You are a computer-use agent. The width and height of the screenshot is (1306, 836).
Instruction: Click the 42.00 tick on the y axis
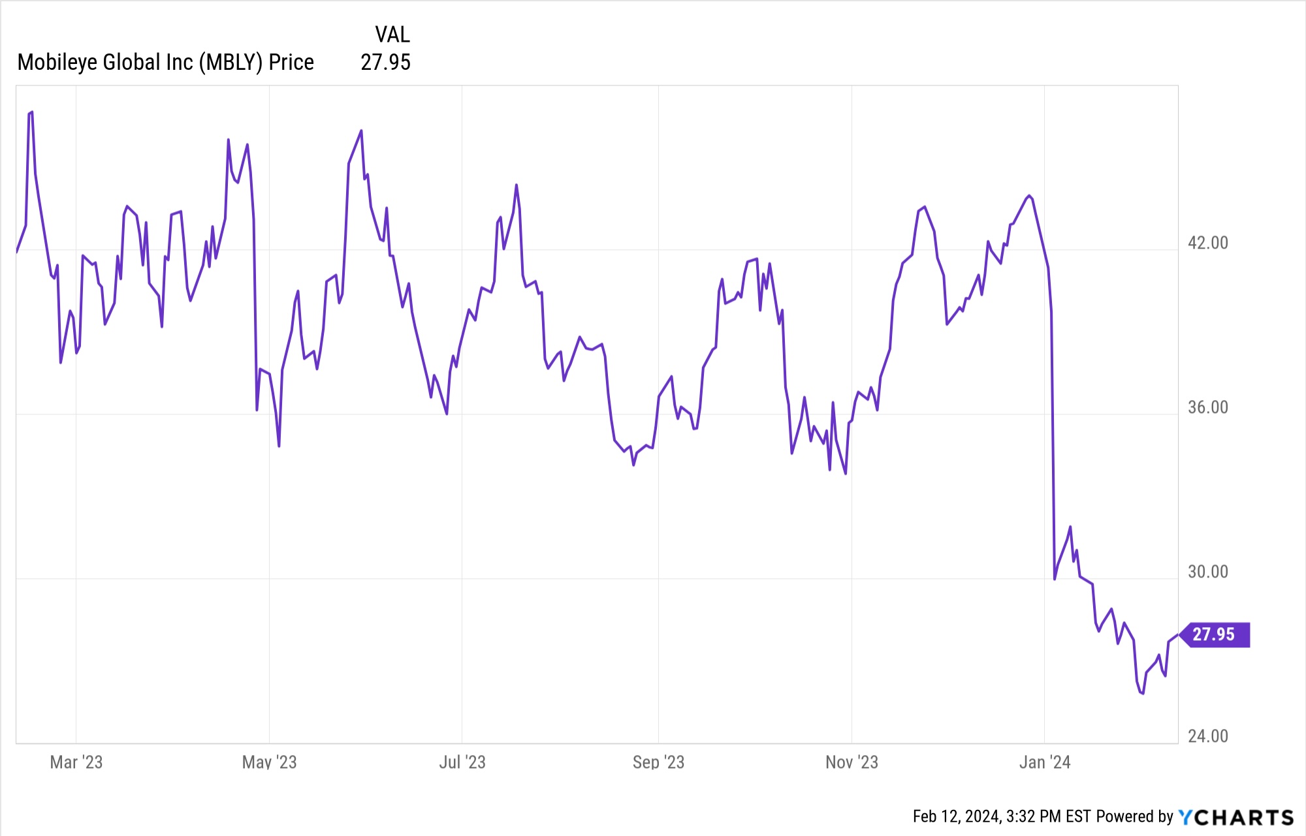(x=1207, y=243)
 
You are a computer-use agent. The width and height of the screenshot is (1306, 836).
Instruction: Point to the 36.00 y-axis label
(x=1207, y=407)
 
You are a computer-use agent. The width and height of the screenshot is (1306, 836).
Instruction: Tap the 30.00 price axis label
(x=1207, y=572)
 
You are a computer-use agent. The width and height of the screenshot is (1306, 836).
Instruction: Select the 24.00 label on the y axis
(x=1207, y=736)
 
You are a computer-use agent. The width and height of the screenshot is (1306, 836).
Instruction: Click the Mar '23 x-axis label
(x=76, y=762)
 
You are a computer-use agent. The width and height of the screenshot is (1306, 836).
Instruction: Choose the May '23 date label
(x=269, y=762)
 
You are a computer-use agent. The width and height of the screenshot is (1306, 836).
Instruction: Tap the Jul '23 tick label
(x=462, y=762)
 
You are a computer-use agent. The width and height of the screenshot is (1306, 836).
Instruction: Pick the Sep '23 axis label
(x=658, y=762)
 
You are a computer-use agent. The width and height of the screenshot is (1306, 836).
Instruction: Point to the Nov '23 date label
(x=852, y=762)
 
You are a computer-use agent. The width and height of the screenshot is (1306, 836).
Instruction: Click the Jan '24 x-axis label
(x=1045, y=762)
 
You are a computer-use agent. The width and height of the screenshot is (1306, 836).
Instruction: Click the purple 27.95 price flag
(x=1214, y=634)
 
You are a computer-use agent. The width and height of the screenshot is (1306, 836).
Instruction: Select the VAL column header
(x=392, y=35)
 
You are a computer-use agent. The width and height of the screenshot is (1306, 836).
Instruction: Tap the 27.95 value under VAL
(x=385, y=63)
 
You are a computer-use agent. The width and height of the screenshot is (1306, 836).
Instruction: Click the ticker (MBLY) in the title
(x=231, y=63)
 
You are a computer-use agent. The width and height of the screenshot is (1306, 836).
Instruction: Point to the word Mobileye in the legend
(x=57, y=63)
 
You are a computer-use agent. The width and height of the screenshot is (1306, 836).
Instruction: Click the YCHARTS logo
(x=1235, y=817)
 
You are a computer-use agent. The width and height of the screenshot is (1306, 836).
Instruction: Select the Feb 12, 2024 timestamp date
(x=956, y=816)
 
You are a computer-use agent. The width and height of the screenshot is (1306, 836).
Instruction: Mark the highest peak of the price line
(x=31, y=112)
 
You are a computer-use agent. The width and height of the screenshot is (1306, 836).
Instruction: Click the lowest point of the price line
(x=1142, y=693)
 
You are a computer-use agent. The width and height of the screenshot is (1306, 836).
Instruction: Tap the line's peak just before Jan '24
(x=1029, y=196)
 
